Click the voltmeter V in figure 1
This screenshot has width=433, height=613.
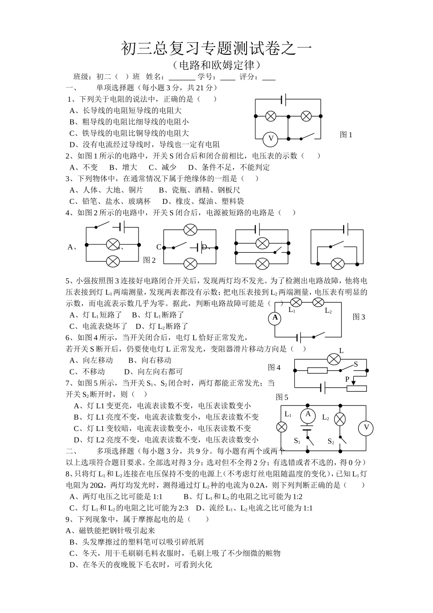[x=271, y=138]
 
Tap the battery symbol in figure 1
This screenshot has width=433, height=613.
[x=284, y=99]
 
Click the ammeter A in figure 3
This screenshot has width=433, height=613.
[x=275, y=318]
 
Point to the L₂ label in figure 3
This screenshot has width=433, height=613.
[x=328, y=311]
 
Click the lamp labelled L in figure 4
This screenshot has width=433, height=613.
[x=334, y=359]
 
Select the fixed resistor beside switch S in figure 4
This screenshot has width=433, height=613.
[x=317, y=370]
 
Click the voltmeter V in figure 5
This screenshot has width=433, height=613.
[x=365, y=428]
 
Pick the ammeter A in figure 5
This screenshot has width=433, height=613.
[x=308, y=415]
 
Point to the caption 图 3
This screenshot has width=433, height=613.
[x=359, y=317]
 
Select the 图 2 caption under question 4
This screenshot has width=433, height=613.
[x=149, y=260]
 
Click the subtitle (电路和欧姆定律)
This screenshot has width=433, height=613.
[x=216, y=65]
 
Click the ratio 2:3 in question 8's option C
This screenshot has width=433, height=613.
[x=182, y=508]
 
